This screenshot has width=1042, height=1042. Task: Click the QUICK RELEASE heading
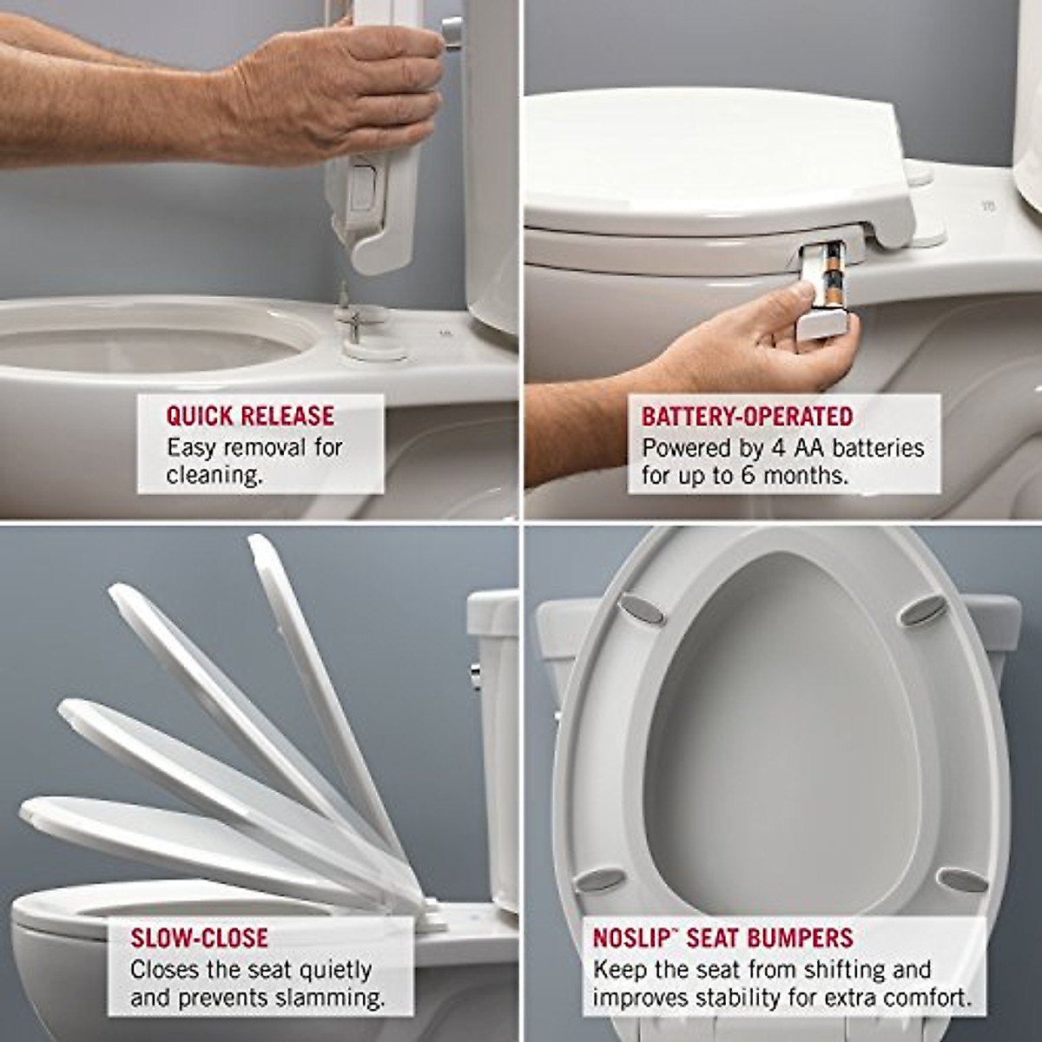pos(250,415)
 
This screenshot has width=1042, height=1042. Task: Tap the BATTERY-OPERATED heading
pos(747,416)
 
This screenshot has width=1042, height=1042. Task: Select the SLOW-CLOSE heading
pos(199,938)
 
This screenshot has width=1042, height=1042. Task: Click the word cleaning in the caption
pos(214,476)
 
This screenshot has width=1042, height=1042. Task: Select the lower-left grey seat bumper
pos(600,879)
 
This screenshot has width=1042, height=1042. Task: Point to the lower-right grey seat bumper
pos(963,879)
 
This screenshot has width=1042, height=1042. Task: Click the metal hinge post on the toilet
pos(344,304)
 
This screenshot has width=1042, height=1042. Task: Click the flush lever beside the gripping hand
pos(452,30)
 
